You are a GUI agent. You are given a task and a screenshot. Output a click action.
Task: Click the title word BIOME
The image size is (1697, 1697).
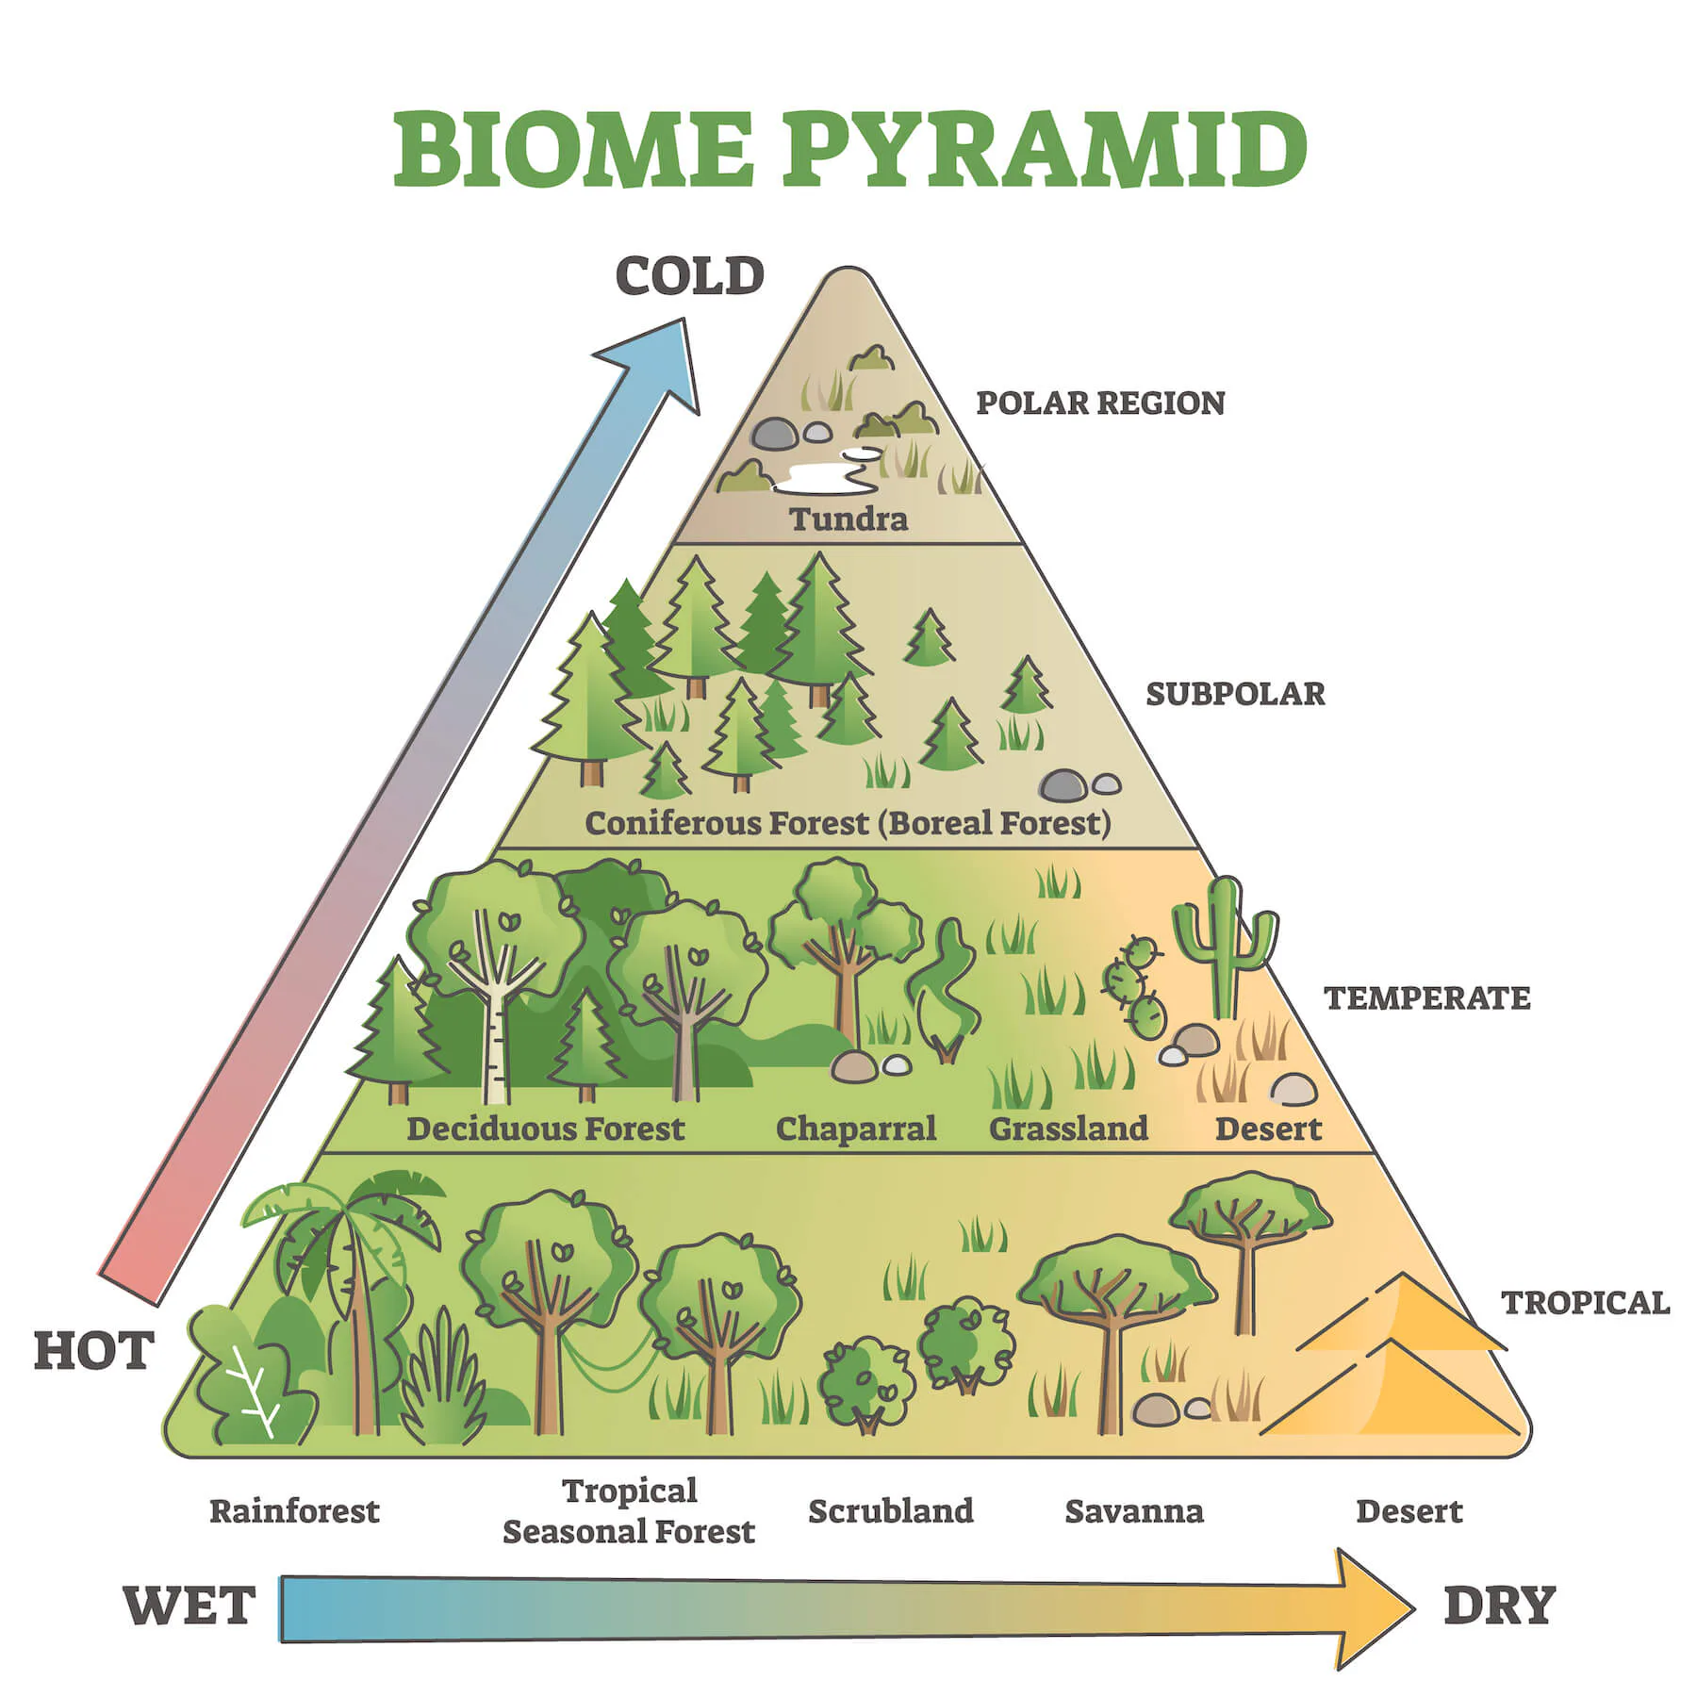pyautogui.click(x=573, y=149)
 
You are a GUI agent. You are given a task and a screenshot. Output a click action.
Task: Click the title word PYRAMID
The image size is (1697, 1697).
pyautogui.click(x=1045, y=149)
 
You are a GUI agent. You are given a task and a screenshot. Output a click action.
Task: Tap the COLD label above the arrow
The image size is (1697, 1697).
pyautogui.click(x=689, y=275)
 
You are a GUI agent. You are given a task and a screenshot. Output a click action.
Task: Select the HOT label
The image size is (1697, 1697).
pyautogui.click(x=93, y=1351)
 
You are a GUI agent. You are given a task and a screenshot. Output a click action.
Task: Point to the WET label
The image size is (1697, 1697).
pyautogui.click(x=189, y=1605)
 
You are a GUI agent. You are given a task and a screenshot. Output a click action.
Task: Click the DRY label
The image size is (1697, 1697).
pyautogui.click(x=1498, y=1605)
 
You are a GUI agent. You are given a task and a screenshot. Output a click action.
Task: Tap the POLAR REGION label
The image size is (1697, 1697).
pyautogui.click(x=1100, y=403)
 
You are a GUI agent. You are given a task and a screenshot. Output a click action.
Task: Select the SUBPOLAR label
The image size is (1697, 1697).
pyautogui.click(x=1235, y=694)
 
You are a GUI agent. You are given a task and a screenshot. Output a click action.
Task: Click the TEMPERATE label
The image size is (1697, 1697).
pyautogui.click(x=1427, y=997)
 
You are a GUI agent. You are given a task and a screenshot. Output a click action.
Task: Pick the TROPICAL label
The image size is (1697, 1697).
pyautogui.click(x=1586, y=1302)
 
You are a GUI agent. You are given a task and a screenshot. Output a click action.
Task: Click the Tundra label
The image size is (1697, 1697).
pyautogui.click(x=848, y=519)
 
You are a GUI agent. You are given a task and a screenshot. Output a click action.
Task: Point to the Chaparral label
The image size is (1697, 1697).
pyautogui.click(x=855, y=1128)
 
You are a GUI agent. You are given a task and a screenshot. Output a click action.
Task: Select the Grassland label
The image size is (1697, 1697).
pyautogui.click(x=1068, y=1128)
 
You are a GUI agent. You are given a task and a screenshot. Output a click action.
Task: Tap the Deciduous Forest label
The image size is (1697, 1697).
pyautogui.click(x=545, y=1128)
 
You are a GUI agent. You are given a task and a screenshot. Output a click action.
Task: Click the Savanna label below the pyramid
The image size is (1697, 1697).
pyautogui.click(x=1134, y=1511)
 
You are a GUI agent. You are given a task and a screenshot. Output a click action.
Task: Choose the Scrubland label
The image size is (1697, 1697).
pyautogui.click(x=891, y=1510)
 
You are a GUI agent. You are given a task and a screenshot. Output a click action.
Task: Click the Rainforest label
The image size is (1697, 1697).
pyautogui.click(x=294, y=1511)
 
